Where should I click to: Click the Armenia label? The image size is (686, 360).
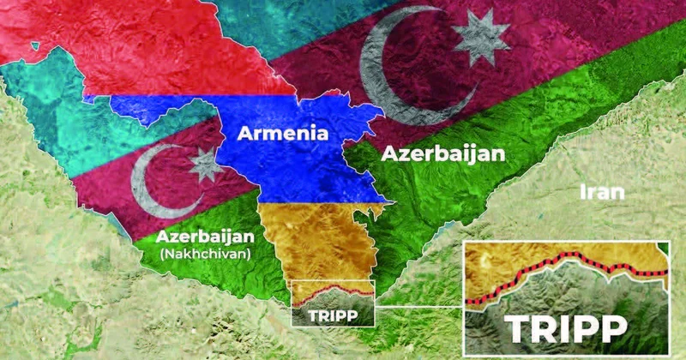283,134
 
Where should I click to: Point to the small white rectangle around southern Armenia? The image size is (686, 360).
333,282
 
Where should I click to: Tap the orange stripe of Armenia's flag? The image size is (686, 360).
317,231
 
